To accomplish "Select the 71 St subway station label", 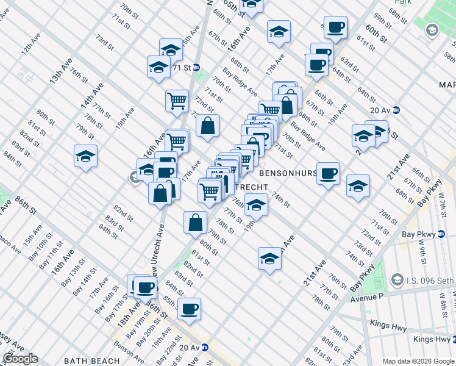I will click(181, 67).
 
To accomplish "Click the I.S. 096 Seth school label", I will click(429, 280).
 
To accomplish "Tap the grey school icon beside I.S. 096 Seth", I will click(397, 280).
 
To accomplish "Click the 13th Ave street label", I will click(61, 70).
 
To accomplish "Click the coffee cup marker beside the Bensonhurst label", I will click(329, 173).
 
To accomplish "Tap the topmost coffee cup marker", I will click(335, 27).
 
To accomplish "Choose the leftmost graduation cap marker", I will click(85, 157).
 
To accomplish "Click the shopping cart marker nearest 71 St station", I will click(177, 100).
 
